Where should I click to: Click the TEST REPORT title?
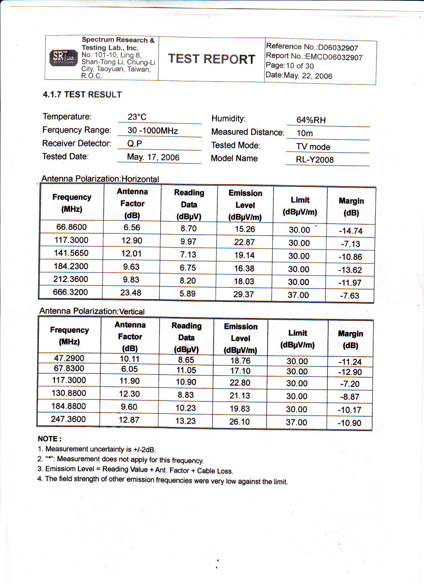coord(212,59)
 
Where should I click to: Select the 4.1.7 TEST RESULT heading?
coord(82,94)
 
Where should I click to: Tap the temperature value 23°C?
coord(137,117)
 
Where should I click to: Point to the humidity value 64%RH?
coord(311,120)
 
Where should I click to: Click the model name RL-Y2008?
coord(315,160)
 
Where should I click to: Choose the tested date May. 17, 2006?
coord(153,157)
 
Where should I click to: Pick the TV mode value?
coord(313,147)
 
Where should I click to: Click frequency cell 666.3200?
coord(70,292)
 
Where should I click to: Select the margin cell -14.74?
coord(351,231)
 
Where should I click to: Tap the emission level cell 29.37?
coord(244,295)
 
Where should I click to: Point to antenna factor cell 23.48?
coord(131,293)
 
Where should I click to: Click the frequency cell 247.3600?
coord(68,419)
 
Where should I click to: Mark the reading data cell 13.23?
coord(185,421)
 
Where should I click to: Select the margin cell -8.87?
coord(350,397)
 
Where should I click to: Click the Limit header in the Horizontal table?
coord(300,206)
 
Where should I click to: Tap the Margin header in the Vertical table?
coord(350,340)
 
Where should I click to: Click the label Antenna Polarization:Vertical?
coord(92,311)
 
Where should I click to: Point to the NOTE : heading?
coord(50,439)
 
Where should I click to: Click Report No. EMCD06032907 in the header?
coord(314,57)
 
